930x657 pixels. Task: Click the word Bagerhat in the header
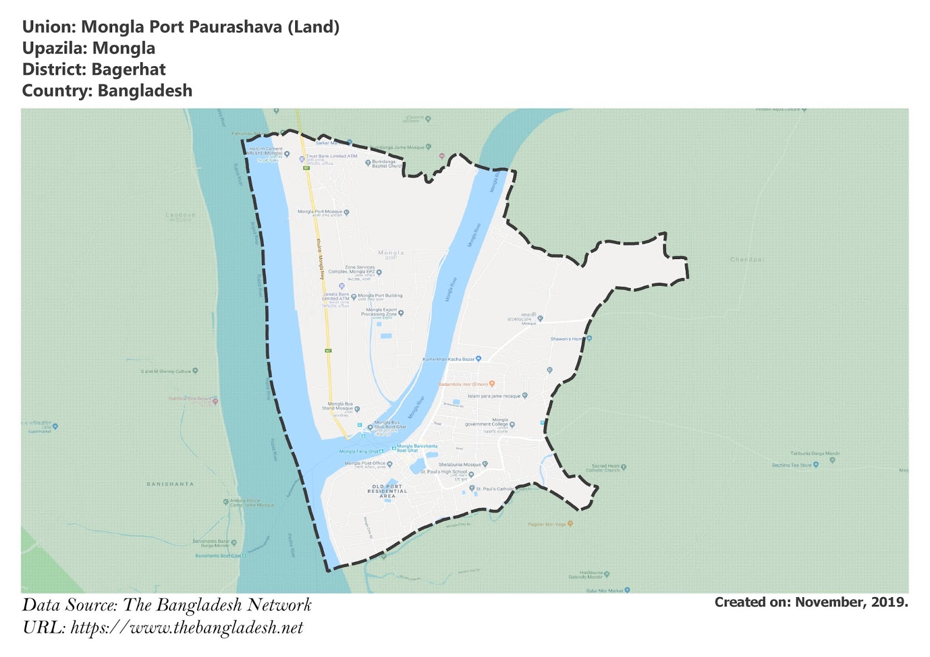(x=128, y=70)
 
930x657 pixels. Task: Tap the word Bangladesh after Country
(x=145, y=91)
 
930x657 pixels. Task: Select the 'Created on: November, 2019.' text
(x=811, y=602)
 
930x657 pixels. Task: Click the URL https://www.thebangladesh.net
(x=187, y=628)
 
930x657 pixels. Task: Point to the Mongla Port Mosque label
(x=320, y=212)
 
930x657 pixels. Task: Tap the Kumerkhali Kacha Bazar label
(x=449, y=359)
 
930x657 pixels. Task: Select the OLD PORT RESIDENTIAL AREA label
(x=387, y=491)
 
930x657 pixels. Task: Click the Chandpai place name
(x=747, y=260)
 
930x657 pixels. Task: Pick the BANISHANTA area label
(x=170, y=484)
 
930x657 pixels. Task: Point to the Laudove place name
(x=180, y=216)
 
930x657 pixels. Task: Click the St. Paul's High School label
(x=443, y=472)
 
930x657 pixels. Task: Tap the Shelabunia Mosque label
(x=460, y=465)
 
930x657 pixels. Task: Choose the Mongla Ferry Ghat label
(x=359, y=451)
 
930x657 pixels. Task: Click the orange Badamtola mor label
(x=463, y=385)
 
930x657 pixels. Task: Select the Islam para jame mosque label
(x=494, y=396)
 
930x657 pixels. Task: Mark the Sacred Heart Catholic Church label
(x=606, y=468)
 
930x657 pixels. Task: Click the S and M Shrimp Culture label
(x=166, y=371)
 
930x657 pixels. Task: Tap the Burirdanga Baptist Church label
(x=386, y=164)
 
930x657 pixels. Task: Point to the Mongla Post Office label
(x=365, y=464)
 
